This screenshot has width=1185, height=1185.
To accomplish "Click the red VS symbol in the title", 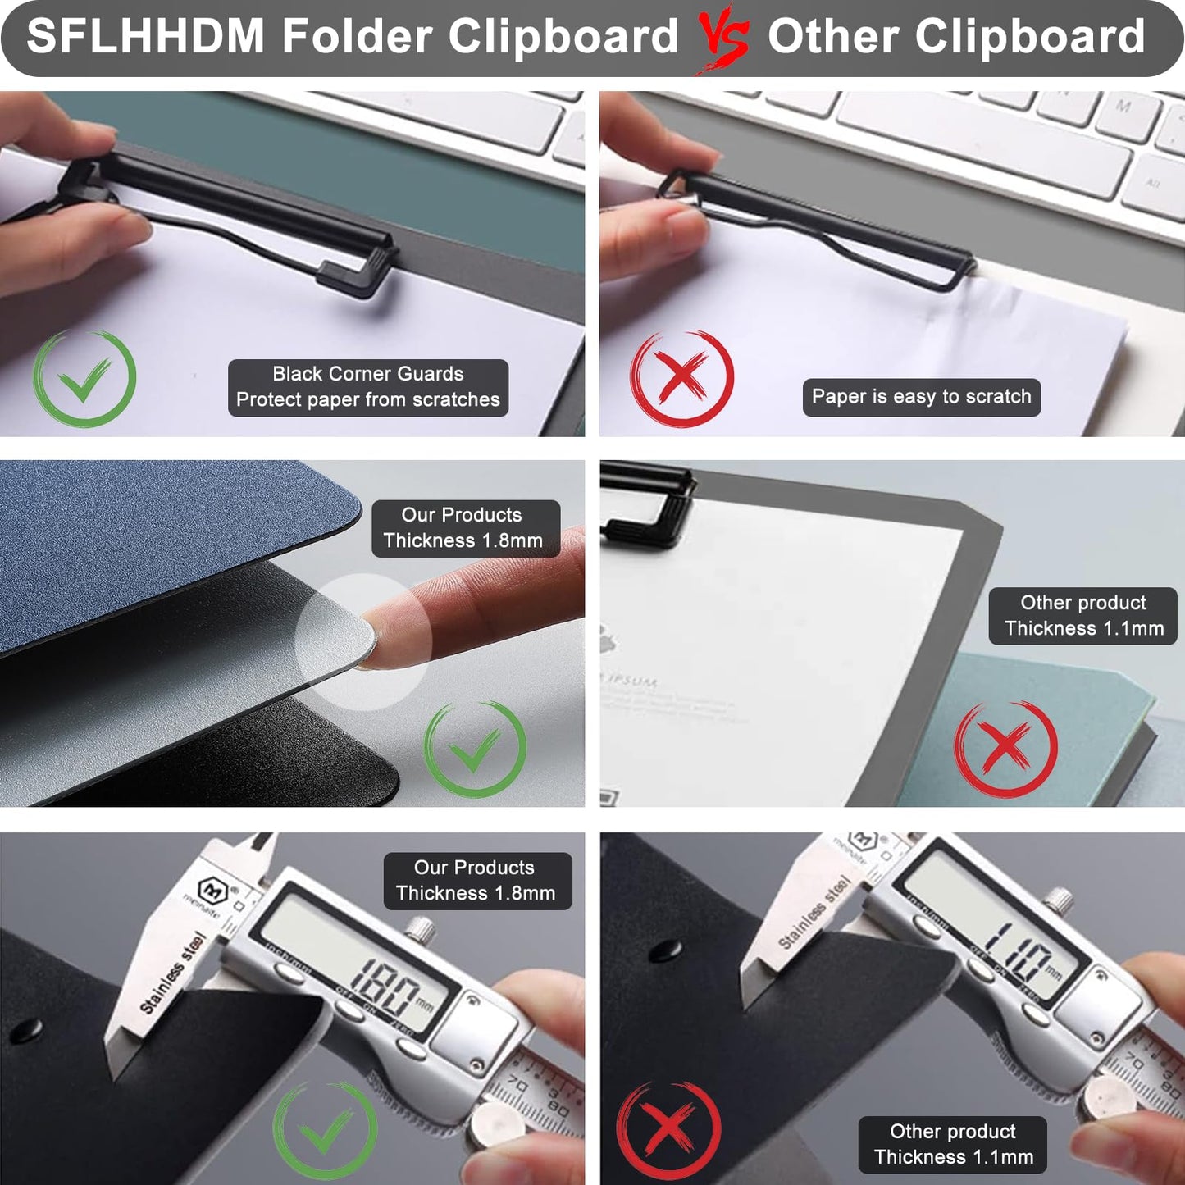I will click(723, 38).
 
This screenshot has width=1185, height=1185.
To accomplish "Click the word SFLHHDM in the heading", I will click(146, 36).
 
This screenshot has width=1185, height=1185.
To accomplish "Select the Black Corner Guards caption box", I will click(367, 387).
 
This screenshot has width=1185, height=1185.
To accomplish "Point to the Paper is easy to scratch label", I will click(921, 397).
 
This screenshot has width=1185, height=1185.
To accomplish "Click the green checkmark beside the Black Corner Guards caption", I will click(84, 378).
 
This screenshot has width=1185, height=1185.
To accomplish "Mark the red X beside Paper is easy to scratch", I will click(681, 378).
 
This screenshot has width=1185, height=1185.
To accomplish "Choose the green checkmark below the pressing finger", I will click(475, 748).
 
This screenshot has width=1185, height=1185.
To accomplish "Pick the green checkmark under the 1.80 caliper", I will click(326, 1132).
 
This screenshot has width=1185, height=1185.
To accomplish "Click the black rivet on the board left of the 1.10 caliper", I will click(665, 950).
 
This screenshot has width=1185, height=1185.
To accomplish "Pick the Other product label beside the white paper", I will click(1082, 615).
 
